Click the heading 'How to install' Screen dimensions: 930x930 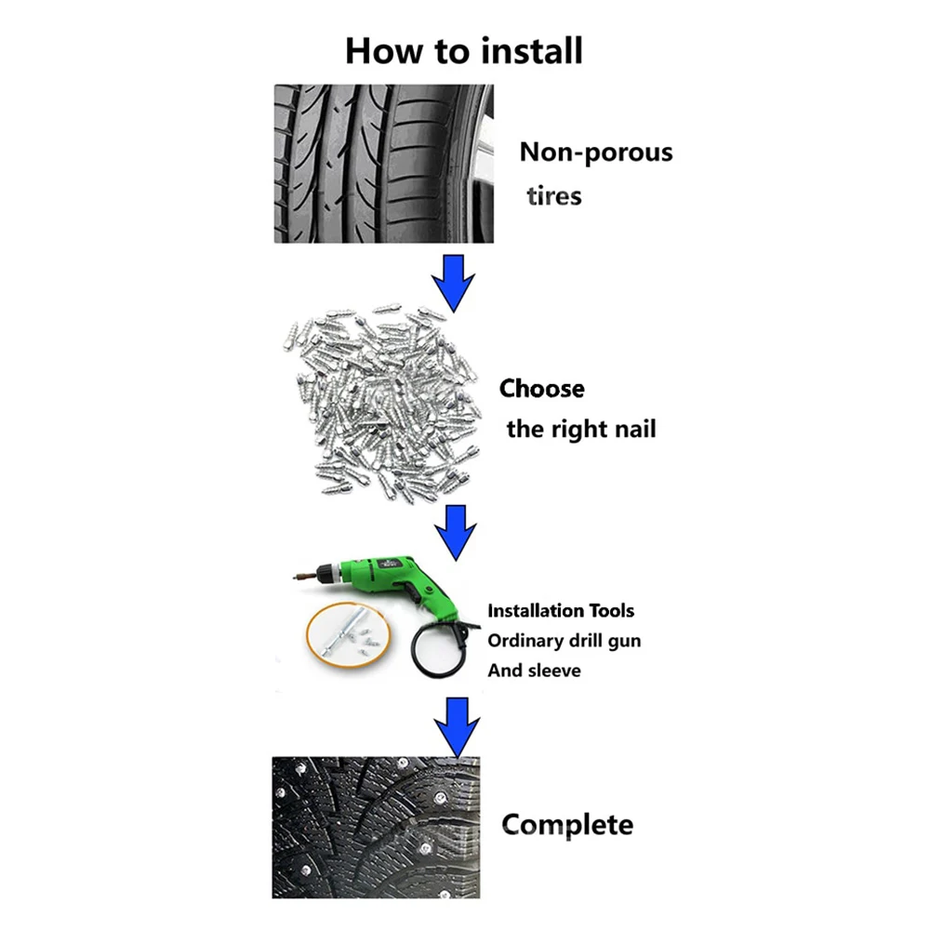[x=464, y=50]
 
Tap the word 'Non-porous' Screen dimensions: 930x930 [x=595, y=153]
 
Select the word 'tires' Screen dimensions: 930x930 [x=554, y=196]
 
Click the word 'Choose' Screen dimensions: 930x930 [x=542, y=389]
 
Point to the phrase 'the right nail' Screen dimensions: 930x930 [x=581, y=430]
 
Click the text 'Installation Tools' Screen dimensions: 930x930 [x=561, y=611]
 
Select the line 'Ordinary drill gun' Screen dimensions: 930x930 [x=564, y=641]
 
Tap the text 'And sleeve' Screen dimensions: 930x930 [x=534, y=671]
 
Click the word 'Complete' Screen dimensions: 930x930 [x=567, y=824]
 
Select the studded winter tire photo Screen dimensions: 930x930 [x=376, y=827]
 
